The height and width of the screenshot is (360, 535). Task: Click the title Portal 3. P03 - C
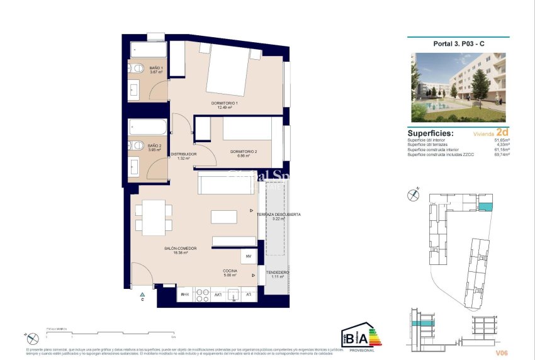pos(458,43)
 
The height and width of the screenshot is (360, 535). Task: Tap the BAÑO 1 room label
pos(156,69)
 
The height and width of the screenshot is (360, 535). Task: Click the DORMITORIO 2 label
pos(243,153)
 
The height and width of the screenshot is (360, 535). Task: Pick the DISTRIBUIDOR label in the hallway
pos(184,155)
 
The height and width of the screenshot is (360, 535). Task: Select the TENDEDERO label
pos(277,274)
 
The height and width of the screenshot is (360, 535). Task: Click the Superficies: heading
pos(431,133)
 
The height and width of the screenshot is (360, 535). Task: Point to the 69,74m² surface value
pos(501,154)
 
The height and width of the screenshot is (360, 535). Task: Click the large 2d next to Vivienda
pos(502,133)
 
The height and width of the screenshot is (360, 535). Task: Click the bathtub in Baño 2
pos(148,128)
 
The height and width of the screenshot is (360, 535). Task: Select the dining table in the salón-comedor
pos(153,217)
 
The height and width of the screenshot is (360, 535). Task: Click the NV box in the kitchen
pos(248,257)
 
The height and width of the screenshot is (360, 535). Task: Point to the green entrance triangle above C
pos(143,294)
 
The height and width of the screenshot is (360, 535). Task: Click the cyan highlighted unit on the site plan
pos(485,207)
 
